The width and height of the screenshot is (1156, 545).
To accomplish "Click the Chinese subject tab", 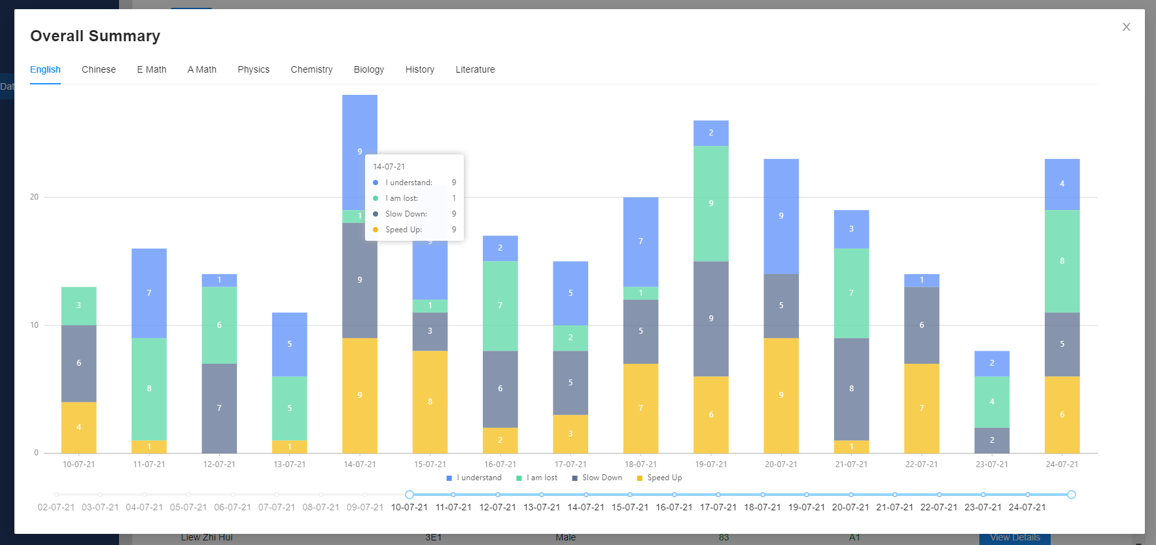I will pos(99,69).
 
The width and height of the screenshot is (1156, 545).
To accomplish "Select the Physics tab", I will pos(253,69).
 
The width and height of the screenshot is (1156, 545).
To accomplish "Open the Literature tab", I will pos(475,69).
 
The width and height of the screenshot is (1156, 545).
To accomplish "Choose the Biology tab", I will pos(369,69).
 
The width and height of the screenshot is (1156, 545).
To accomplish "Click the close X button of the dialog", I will pos(1126,27).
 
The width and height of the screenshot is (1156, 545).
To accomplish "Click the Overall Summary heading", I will pos(95,36).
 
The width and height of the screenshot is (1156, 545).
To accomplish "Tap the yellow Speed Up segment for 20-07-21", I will pos(781,395).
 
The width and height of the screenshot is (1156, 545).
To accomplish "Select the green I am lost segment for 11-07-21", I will pos(149,389).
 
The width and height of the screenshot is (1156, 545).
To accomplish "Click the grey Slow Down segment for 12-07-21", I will pos(219,408).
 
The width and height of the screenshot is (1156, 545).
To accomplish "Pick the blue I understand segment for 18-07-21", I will pos(640,241).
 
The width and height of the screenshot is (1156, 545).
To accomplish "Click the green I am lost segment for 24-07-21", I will pos(1062,261).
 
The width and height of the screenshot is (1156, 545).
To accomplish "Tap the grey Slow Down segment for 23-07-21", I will pos(992,440).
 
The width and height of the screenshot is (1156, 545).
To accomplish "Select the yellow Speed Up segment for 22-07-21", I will pos(922,408).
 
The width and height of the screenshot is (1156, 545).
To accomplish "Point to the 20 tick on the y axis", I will pos(34,197).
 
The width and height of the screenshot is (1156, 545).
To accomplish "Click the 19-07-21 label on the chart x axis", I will pos(711,465).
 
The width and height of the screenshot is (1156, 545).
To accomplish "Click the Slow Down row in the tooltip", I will pos(406,214).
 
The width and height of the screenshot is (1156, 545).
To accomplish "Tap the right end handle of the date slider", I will pos(1072,495).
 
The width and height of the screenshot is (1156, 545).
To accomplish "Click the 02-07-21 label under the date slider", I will pos(56,507).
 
